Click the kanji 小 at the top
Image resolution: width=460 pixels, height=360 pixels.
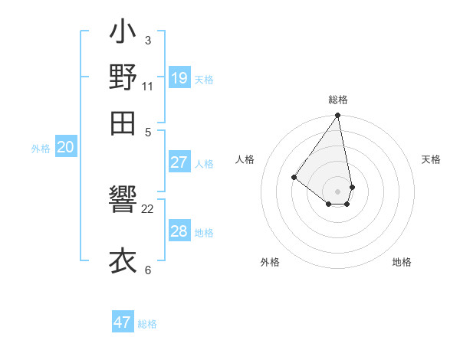[x=123, y=35]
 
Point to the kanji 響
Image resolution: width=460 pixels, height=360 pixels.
[x=123, y=205]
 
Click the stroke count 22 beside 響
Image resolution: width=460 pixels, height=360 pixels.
[x=148, y=208]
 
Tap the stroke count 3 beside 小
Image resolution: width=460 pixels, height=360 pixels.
[x=148, y=39]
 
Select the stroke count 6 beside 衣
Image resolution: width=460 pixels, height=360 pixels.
[x=148, y=270]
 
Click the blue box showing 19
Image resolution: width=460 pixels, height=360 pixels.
[x=179, y=78]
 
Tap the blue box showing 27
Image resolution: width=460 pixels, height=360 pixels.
[x=179, y=162]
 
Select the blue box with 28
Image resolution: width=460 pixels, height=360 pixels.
[x=179, y=231]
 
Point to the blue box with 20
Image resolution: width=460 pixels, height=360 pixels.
[x=65, y=148]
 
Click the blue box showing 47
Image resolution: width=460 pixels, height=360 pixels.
[x=123, y=322]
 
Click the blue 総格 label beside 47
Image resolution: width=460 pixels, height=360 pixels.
[x=147, y=324]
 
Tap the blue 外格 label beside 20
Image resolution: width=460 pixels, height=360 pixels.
[x=41, y=149]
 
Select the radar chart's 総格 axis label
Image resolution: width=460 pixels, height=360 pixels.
[x=337, y=100]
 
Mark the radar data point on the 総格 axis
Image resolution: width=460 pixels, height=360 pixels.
[x=337, y=116]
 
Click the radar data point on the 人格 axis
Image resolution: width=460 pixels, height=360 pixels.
[x=294, y=177]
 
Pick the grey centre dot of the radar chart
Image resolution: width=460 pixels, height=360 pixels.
[x=337, y=191]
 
